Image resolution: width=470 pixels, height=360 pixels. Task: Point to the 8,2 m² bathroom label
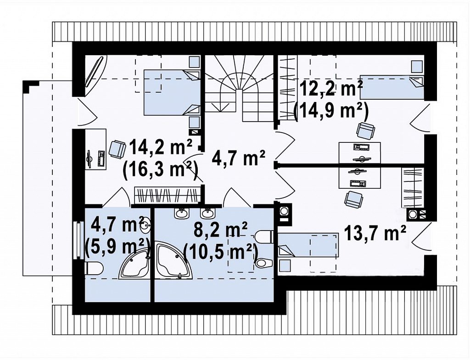click(221, 230)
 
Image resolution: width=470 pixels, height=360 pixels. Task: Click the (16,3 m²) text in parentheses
click(161, 171)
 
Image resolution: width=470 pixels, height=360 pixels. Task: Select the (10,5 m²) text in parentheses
click(221, 252)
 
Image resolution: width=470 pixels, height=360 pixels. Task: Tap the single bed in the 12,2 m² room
click(392, 87)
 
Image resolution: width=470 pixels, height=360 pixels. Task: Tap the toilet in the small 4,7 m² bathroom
click(95, 268)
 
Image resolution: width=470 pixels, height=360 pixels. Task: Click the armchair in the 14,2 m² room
click(117, 149)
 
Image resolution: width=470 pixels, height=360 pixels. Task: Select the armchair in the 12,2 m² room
click(366, 130)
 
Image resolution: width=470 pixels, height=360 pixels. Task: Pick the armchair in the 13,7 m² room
click(354, 200)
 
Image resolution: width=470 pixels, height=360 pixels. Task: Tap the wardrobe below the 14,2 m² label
click(167, 195)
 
